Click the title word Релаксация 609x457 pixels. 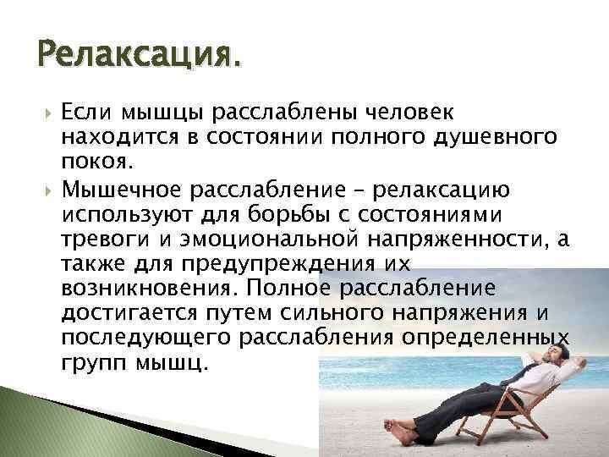point(139,54)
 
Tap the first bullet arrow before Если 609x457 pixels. point(47,114)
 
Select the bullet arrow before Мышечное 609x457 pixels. point(47,191)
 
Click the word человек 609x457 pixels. point(410,113)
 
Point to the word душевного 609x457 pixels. point(495,138)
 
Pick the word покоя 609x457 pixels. point(97,162)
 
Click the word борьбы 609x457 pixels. point(289,214)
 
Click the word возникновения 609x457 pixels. point(149,289)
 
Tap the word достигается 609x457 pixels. point(129,314)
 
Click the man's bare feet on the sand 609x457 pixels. point(399,431)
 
